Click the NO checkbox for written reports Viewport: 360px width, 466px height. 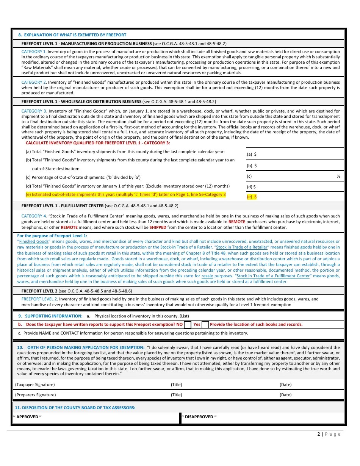(x=187, y=325)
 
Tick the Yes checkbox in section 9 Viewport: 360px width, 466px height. (x=205, y=325)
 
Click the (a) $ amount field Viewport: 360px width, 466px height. (x=296, y=154)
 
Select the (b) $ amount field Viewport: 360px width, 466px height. (x=296, y=166)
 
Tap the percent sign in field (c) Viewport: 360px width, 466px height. (x=338, y=176)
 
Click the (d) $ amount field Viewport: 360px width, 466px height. (x=296, y=187)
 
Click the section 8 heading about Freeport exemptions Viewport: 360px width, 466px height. (x=72, y=35)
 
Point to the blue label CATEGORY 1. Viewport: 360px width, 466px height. (x=34, y=52)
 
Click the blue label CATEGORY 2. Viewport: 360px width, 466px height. (x=34, y=82)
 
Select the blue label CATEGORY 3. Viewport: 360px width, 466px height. (x=34, y=111)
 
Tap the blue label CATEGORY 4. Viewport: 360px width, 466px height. (x=34, y=216)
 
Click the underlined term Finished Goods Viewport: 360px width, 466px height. (x=34, y=241)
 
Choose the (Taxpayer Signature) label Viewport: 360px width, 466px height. (x=35, y=385)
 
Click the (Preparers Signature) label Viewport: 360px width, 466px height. (x=35, y=395)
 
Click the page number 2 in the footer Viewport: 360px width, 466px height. (x=319, y=434)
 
